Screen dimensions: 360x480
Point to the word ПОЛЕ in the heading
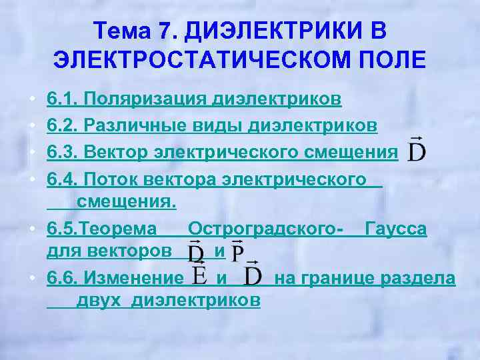(393, 59)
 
